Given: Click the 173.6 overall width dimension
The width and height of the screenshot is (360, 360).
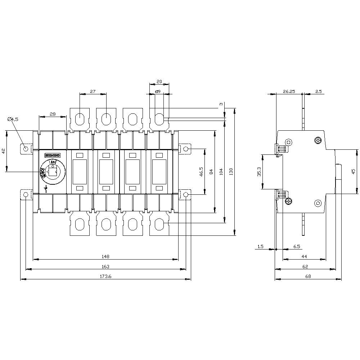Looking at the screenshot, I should (x=105, y=276).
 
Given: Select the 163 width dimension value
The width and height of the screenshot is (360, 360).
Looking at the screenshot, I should (x=105, y=266).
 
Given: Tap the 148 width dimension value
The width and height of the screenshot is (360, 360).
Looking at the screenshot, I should (x=105, y=256).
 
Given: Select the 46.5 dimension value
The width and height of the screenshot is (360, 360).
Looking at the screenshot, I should (x=201, y=171).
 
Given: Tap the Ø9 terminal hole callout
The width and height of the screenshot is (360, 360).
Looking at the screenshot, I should (x=157, y=92).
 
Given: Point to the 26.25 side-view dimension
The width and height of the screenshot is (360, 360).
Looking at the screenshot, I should (x=289, y=91).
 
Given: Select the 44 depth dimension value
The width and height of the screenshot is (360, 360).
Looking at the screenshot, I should (x=304, y=256).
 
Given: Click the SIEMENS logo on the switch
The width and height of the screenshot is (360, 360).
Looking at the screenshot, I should (x=52, y=155).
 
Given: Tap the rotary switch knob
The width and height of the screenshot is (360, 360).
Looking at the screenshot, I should (x=53, y=172).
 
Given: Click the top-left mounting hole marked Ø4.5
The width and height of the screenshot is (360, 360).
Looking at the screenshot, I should (x=26, y=149).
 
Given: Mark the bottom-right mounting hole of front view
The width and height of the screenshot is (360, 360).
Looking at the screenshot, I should (x=186, y=195).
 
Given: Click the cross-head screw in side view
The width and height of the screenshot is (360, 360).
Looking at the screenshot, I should (x=318, y=140).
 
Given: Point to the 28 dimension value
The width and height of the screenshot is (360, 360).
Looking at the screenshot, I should (x=53, y=114).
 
